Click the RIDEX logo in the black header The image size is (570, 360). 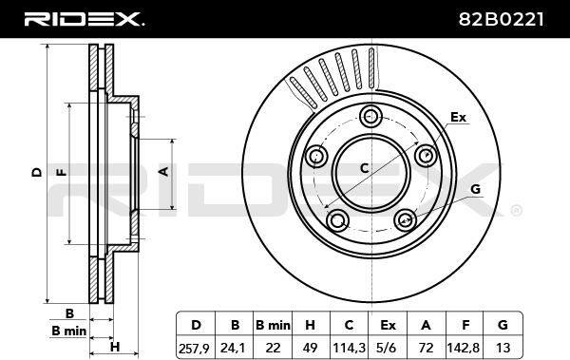coord(84,19)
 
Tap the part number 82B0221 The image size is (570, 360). coord(502,20)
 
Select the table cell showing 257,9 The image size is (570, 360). coord(194,349)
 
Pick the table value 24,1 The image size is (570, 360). coord(235,349)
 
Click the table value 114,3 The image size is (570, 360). coord(349,349)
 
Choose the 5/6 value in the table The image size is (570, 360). coord(388,349)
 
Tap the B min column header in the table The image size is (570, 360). coord(273,325)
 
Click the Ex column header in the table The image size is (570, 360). coord(388,325)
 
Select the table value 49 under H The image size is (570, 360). coord(310,349)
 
